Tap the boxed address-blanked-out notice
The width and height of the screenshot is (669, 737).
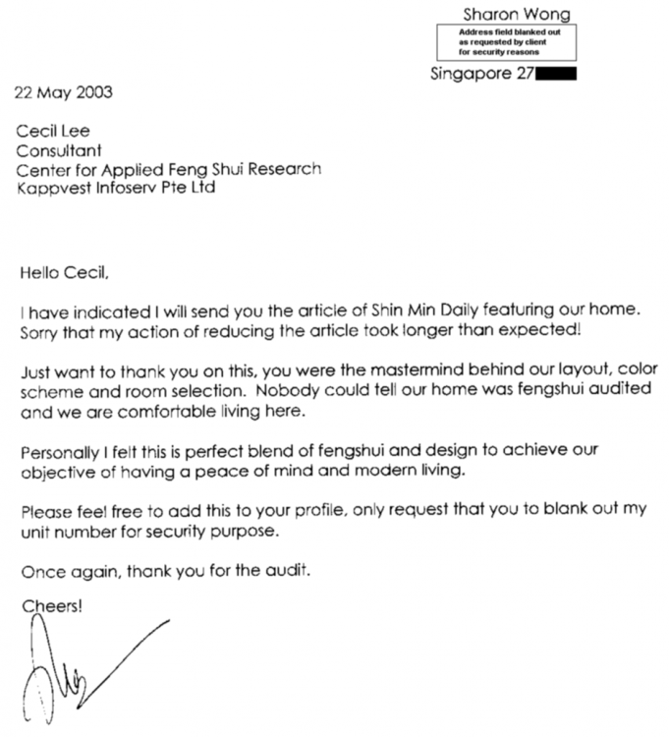506,42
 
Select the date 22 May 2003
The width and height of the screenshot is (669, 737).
62,93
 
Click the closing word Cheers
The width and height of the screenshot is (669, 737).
52,606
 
